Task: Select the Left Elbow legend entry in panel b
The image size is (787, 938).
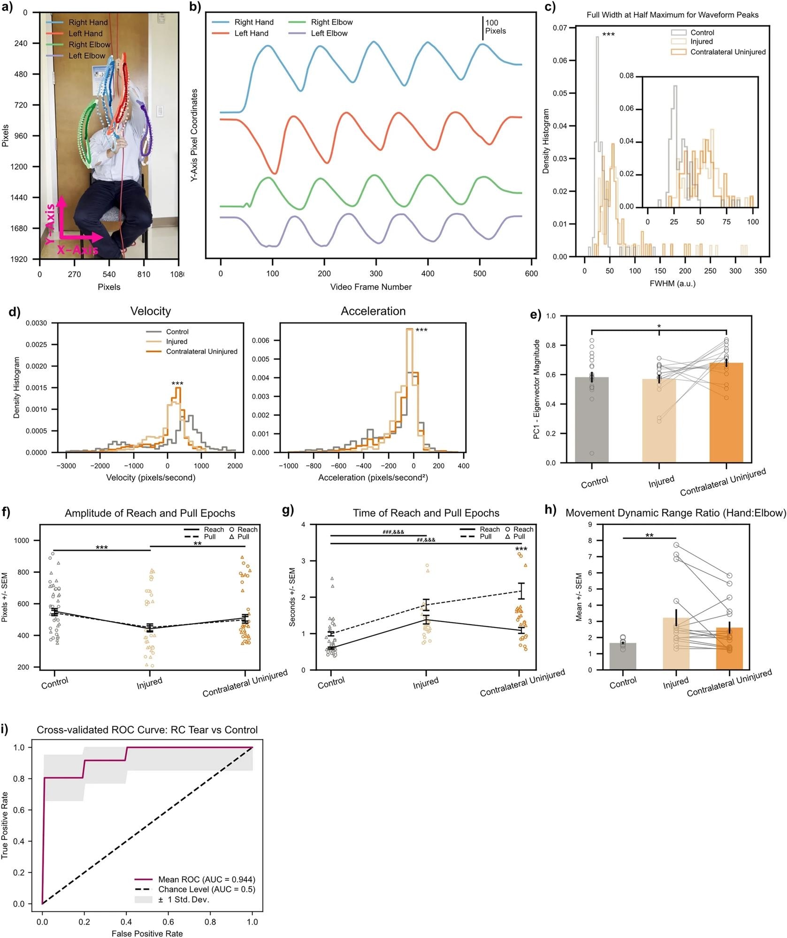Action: [x=329, y=33]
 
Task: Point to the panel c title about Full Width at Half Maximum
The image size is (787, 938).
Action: [x=672, y=15]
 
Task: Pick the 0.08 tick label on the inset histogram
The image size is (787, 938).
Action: [x=626, y=76]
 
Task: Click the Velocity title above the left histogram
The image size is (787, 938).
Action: [x=150, y=311]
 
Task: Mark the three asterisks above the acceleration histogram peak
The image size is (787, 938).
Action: [x=421, y=331]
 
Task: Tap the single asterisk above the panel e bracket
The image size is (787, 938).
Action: [x=659, y=326]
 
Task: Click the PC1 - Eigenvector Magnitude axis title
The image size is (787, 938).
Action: [x=537, y=389]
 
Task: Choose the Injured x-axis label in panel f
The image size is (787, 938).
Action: [x=149, y=683]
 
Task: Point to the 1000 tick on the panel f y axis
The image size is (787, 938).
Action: [x=22, y=540]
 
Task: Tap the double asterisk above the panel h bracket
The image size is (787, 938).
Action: [x=649, y=536]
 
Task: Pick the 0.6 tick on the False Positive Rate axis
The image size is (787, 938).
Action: [x=168, y=922]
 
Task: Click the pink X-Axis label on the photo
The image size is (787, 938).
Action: [x=77, y=250]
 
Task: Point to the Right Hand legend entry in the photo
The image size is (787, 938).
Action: [x=88, y=23]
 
